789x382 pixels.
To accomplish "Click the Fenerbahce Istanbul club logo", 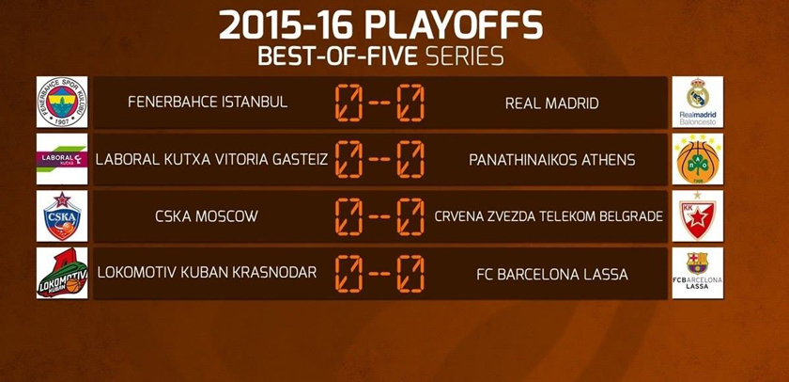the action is coord(62,102).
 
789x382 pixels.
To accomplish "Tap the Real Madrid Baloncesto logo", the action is coord(697,102).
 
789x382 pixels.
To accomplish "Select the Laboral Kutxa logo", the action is coord(62,159).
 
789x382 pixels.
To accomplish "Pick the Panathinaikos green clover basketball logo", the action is coord(697,159).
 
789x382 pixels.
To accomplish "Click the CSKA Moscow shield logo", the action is coord(62,215).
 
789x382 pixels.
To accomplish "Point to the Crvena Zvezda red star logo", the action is coord(697,215).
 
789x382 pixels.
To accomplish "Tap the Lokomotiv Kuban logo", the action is coord(62,273).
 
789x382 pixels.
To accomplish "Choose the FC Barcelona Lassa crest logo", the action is coord(697,273).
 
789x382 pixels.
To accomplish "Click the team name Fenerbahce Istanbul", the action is coord(208,103).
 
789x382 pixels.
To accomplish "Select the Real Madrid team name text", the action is coord(552,103).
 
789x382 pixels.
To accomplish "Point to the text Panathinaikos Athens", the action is coord(552,160).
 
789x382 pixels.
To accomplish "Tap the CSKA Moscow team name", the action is coord(207,216).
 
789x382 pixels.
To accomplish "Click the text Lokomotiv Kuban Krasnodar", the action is coord(207,273).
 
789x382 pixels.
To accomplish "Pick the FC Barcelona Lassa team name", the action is coord(552,274).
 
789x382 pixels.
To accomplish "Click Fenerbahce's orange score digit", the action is coord(348,103).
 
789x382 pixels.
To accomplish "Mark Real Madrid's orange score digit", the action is coord(410,103).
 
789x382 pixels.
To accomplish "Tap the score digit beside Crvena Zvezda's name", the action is coord(410,216).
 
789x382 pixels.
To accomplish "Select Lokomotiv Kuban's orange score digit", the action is coord(348,274).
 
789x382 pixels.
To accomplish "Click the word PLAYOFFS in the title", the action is coord(454,25).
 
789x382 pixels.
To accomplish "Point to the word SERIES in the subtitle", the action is coord(464,56).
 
